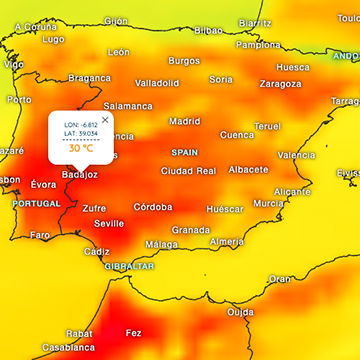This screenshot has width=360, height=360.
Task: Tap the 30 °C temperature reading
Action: pyautogui.click(x=82, y=148)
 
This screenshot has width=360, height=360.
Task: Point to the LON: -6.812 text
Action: pyautogui.click(x=82, y=125)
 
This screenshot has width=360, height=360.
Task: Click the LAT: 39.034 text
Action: pyautogui.click(x=82, y=134)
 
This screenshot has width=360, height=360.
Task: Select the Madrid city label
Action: pyautogui.click(x=184, y=121)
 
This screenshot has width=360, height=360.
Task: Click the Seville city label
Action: pyautogui.click(x=109, y=224)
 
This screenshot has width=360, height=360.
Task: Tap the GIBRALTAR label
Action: pyautogui.click(x=130, y=267)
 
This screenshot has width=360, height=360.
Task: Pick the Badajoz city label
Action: pyautogui.click(x=80, y=174)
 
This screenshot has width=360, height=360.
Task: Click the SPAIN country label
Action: pyautogui.click(x=185, y=153)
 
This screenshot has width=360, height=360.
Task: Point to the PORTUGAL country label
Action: pyautogui.click(x=36, y=203)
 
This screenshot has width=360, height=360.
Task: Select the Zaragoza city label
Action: pyautogui.click(x=280, y=84)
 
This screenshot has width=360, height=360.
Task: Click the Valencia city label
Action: pyautogui.click(x=296, y=155)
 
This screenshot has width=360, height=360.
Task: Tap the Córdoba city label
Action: pyautogui.click(x=153, y=207)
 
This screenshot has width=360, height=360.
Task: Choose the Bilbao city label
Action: pyautogui.click(x=208, y=30)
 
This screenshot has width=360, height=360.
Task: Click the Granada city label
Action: pyautogui.click(x=190, y=229)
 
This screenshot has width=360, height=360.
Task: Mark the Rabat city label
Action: pyautogui.click(x=52, y=333)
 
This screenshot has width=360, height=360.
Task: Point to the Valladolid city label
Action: pyautogui.click(x=157, y=83)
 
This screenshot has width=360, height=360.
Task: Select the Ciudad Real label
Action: pyautogui.click(x=188, y=171)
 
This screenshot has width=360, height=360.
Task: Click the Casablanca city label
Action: pyautogui.click(x=69, y=348)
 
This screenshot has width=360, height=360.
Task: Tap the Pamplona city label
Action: pyautogui.click(x=258, y=45)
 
